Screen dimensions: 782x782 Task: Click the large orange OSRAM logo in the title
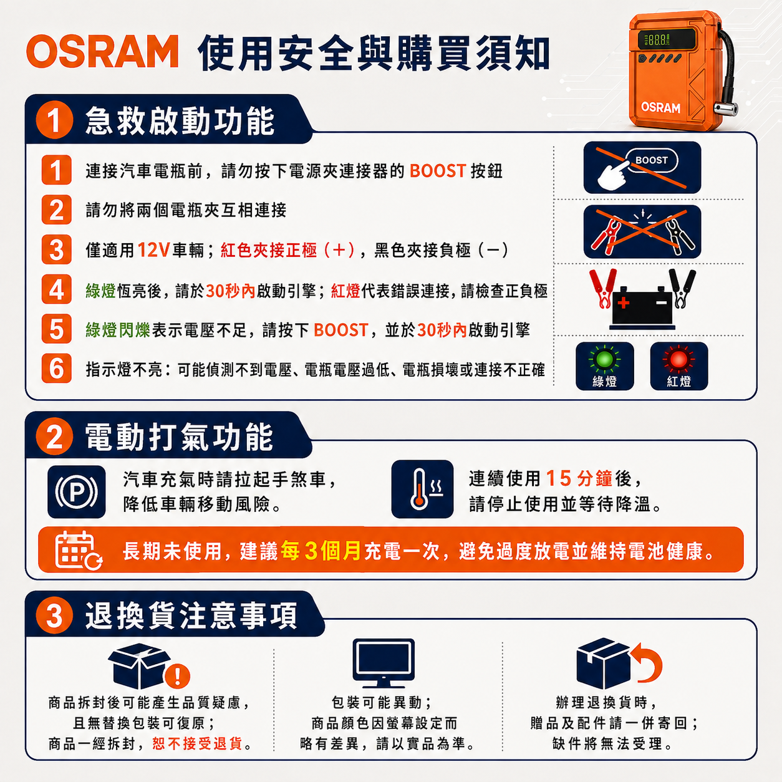click(x=102, y=51)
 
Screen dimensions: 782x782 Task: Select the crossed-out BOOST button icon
click(x=642, y=167)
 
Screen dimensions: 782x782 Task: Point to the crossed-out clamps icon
click(x=642, y=231)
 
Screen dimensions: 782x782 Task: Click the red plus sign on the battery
click(x=624, y=302)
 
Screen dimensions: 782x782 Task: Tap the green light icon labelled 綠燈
click(x=604, y=366)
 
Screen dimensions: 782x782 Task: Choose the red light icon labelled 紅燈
click(x=679, y=366)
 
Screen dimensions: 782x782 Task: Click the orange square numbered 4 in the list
click(x=56, y=289)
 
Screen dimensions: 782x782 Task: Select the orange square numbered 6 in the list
click(x=56, y=369)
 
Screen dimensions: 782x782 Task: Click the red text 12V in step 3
click(x=153, y=250)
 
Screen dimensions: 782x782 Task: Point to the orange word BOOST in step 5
click(x=341, y=330)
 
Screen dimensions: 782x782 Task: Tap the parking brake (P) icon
click(x=76, y=491)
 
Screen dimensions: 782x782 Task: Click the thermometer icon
click(x=422, y=489)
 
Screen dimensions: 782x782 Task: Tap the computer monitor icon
click(x=384, y=663)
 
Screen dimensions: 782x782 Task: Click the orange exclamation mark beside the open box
click(x=177, y=676)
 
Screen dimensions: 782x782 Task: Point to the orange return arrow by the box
click(x=647, y=662)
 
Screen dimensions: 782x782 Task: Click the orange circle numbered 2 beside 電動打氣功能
click(x=54, y=437)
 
